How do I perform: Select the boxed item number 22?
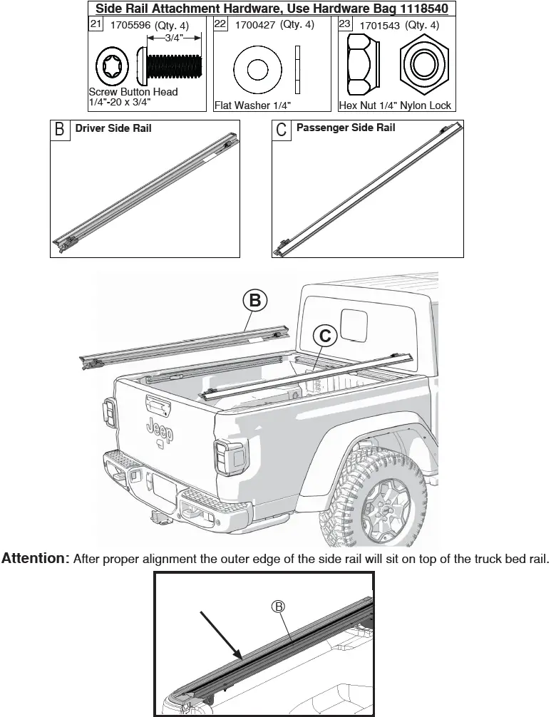pos(221,25)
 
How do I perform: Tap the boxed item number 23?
pos(345,25)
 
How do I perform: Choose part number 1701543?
pos(380,26)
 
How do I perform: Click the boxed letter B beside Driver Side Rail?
pos(60,130)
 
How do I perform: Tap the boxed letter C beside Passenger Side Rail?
pos(282,130)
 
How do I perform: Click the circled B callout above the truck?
pos(254,301)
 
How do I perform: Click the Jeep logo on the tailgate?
pos(158,429)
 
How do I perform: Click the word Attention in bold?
pos(35,558)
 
